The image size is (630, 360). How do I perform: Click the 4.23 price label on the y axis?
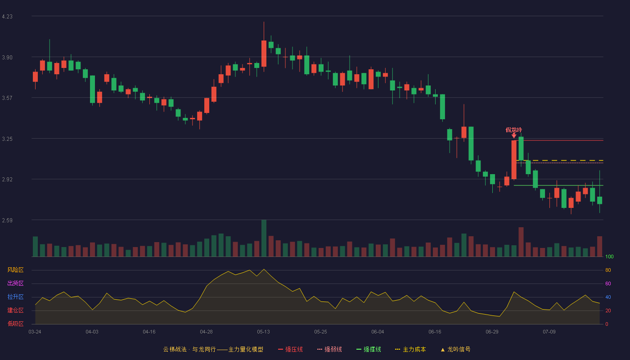(x=7, y=17)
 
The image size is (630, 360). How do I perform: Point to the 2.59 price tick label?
(x=7, y=220)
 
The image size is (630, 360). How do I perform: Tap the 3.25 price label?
(x=7, y=139)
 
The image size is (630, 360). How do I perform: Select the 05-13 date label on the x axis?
(x=263, y=332)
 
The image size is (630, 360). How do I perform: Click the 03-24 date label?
(x=35, y=332)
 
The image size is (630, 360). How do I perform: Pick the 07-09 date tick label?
(x=549, y=332)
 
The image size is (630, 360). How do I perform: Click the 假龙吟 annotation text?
(x=513, y=130)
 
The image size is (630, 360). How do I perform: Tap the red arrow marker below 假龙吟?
(x=514, y=136)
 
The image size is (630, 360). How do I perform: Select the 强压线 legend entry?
(x=290, y=349)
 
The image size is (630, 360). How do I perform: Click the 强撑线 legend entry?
(x=369, y=349)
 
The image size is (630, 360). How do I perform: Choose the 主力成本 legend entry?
(x=410, y=349)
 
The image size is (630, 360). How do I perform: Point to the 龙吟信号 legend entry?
(x=455, y=349)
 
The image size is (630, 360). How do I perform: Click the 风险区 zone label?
(x=15, y=270)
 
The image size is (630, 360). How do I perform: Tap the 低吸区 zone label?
(x=15, y=324)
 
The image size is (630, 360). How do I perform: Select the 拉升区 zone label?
(x=15, y=297)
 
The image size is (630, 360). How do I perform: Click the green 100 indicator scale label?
(x=609, y=256)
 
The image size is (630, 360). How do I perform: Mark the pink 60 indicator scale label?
(x=608, y=283)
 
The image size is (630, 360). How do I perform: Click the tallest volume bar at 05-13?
(x=264, y=238)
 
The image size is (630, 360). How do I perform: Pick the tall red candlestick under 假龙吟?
(x=514, y=160)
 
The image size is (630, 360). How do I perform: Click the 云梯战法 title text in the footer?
(x=175, y=349)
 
